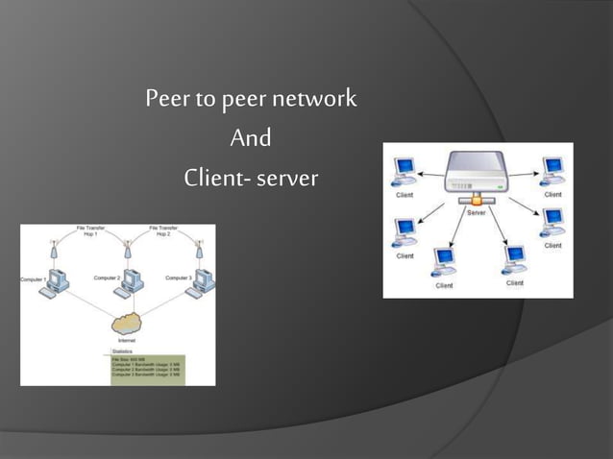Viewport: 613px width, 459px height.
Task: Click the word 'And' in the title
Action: pyautogui.click(x=251, y=139)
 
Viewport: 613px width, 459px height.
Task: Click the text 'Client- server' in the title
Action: pyautogui.click(x=251, y=179)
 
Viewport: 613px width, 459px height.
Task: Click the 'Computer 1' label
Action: pyautogui.click(x=36, y=278)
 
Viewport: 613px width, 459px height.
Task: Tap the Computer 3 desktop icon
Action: pyautogui.click(x=203, y=282)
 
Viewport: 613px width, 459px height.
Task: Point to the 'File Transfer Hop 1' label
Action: pyautogui.click(x=91, y=231)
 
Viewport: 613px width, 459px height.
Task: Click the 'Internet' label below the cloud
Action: pyautogui.click(x=126, y=341)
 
